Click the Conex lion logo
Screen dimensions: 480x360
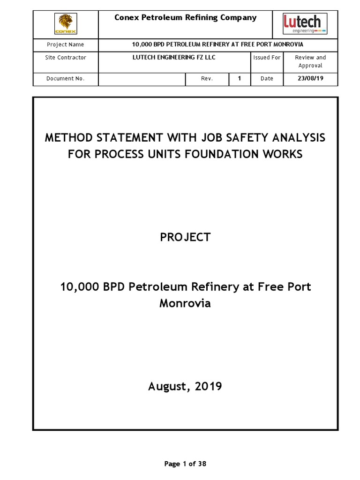(66, 24)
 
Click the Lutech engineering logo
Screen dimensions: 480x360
(305, 24)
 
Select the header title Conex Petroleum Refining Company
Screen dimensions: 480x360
(186, 18)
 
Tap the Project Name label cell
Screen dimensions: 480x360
(66, 45)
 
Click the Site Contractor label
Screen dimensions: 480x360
(66, 58)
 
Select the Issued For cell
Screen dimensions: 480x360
(267, 58)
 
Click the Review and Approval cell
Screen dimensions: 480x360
(310, 61)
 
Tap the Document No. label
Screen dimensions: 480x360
(66, 79)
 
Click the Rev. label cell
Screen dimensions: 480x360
(207, 79)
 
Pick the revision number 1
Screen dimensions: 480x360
(240, 79)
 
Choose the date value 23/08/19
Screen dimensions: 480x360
(310, 79)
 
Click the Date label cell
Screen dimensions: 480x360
(267, 79)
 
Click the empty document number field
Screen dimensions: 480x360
(142, 79)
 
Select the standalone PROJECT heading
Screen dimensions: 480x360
(185, 237)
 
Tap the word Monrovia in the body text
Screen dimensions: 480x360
(185, 303)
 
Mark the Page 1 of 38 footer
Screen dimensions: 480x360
(185, 464)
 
